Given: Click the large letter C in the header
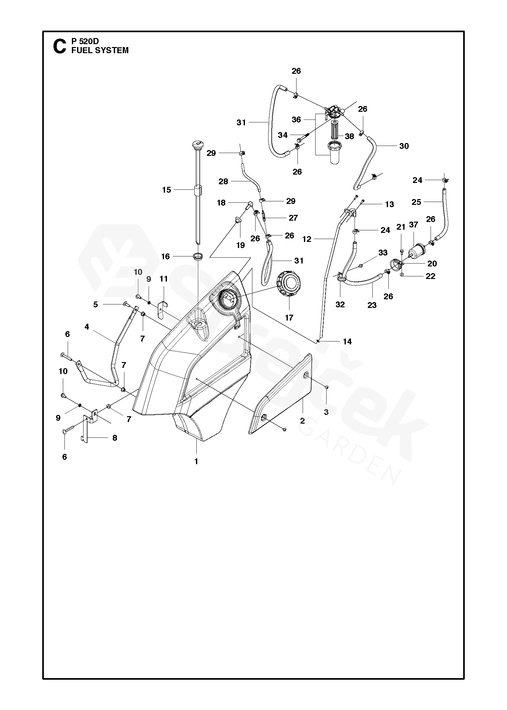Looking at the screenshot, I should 59,46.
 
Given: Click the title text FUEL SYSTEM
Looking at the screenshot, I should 100,50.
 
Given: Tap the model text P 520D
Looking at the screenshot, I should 85,41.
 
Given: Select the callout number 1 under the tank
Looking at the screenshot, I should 196,461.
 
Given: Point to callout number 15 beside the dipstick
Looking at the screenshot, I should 166,190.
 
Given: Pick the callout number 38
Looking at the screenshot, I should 349,136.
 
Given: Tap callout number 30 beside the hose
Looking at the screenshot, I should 404,146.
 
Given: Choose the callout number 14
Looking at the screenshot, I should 347,341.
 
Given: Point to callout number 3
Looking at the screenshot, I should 326,412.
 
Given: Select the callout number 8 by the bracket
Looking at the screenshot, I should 115,438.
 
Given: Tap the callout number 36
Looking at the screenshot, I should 296,120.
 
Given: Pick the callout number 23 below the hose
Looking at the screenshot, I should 372,305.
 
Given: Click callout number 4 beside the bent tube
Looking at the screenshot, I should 87,327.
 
